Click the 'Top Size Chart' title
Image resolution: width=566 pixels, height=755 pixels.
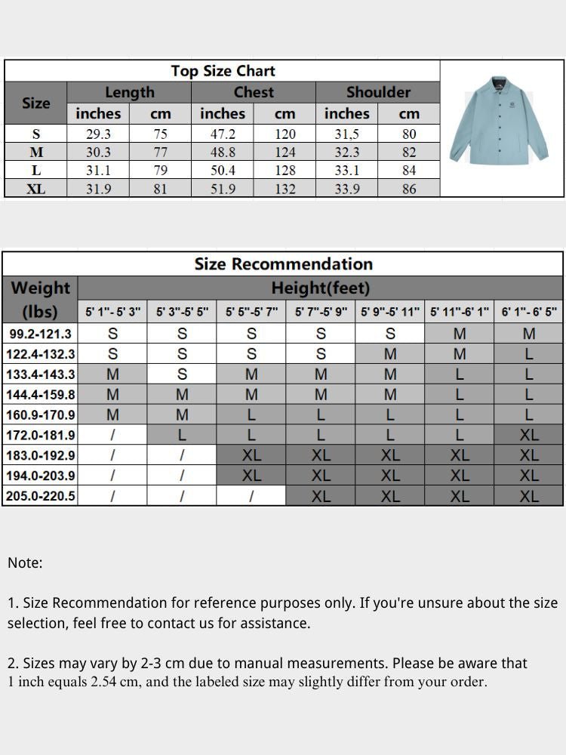[x=223, y=71]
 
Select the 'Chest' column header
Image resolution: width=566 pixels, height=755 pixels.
[x=254, y=92]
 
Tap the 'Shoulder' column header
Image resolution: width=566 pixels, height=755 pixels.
[x=378, y=92]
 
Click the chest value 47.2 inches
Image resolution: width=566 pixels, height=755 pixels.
[x=223, y=134]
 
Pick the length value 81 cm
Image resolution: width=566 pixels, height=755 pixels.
[x=161, y=189]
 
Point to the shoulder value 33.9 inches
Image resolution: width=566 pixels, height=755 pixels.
[x=346, y=189]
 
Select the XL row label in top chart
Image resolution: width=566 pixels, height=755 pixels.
[x=36, y=189]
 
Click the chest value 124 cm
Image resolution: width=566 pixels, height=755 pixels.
[x=285, y=153]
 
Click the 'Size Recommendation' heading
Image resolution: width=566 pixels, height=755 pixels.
[x=283, y=263]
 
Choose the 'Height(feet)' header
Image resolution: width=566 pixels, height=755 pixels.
[x=321, y=288]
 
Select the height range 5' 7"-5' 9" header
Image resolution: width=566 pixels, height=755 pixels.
[x=321, y=311]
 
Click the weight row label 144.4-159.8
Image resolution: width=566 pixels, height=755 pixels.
[x=41, y=394]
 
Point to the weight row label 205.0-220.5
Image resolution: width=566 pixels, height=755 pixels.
[x=41, y=496]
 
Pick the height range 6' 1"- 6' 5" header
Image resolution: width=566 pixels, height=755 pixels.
[x=529, y=311]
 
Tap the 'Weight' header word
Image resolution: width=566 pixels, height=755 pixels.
[x=41, y=288]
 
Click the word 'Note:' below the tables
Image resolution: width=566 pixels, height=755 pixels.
[x=25, y=562]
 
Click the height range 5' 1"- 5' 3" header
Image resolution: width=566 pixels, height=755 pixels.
[x=112, y=311]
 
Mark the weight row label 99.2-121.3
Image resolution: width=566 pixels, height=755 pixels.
[x=41, y=333]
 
